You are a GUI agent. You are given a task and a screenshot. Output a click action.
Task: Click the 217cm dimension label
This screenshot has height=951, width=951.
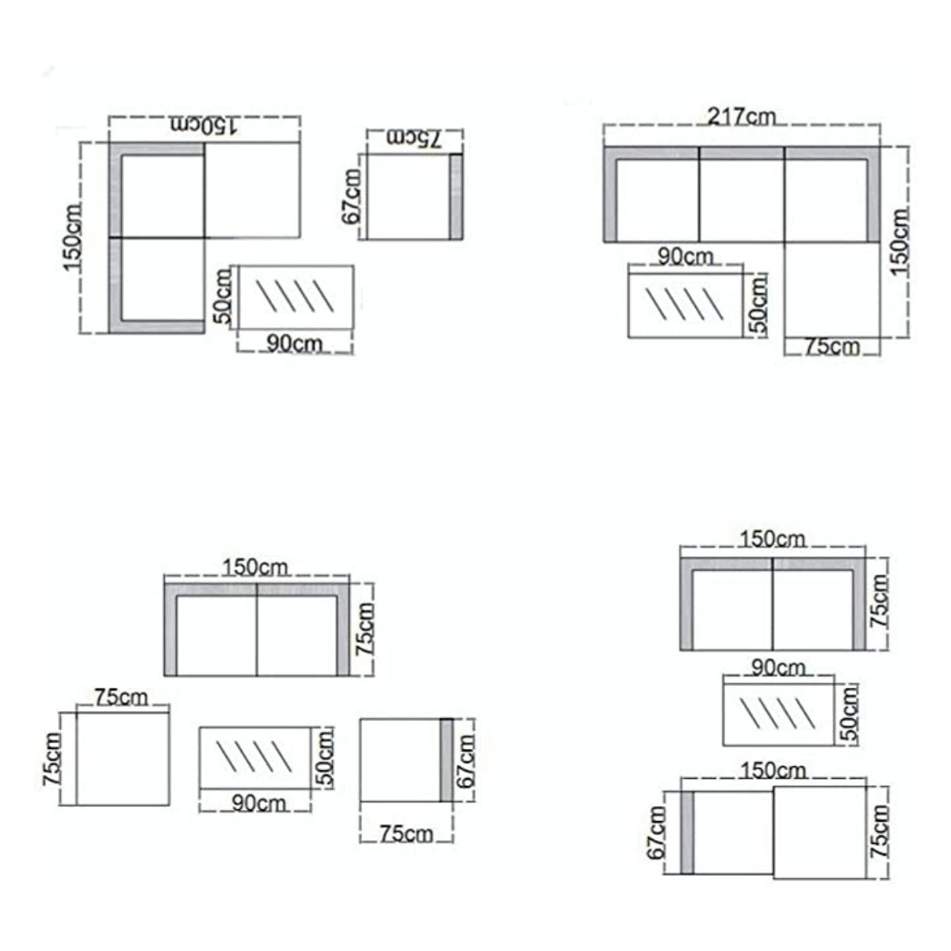(x=741, y=117)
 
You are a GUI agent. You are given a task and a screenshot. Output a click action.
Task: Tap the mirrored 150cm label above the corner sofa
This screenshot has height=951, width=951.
(x=204, y=125)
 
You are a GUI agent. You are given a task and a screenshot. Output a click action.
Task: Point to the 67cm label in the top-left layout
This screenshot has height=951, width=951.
(x=351, y=197)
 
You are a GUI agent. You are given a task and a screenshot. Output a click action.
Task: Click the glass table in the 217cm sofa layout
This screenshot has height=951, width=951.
(x=686, y=301)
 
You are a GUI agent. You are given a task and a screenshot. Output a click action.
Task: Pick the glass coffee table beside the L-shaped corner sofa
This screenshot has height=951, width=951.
(x=296, y=298)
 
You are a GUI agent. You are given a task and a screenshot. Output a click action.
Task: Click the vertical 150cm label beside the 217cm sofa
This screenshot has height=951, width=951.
(x=900, y=243)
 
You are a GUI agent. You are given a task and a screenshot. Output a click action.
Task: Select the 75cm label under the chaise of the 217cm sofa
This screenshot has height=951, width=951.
(x=832, y=347)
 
